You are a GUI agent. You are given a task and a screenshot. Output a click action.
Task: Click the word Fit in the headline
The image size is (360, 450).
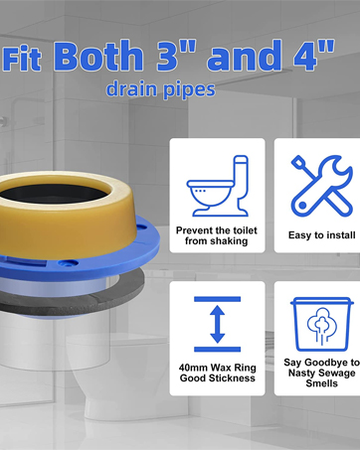click(22, 59)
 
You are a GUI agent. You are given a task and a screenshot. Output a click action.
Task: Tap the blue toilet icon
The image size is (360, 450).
click(217, 186)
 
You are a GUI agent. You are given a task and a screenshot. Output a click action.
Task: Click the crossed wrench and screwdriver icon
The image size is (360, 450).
click(321, 186)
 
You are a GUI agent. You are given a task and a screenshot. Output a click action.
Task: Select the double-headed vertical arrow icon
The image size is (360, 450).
click(218, 324)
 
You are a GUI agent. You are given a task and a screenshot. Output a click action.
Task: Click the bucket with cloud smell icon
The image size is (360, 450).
click(321, 324)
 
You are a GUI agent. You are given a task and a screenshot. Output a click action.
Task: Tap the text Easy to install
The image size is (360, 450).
click(321, 235)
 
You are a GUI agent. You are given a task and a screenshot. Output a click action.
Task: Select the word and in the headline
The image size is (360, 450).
click(245, 56)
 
